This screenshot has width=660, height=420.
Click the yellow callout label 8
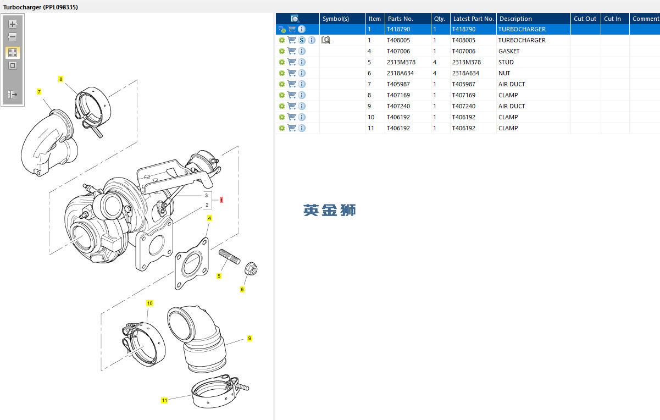[60, 79]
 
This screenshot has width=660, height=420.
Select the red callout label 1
[221, 200]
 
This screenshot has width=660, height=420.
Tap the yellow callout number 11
[164, 400]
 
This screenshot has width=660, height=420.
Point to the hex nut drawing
[251, 268]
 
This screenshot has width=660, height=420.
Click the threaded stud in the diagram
[229, 257]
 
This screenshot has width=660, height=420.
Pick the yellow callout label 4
[209, 218]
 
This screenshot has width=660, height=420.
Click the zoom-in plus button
[13, 24]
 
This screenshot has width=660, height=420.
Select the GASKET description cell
[509, 51]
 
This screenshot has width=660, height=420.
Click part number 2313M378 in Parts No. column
[401, 62]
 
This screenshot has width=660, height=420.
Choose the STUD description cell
[506, 62]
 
